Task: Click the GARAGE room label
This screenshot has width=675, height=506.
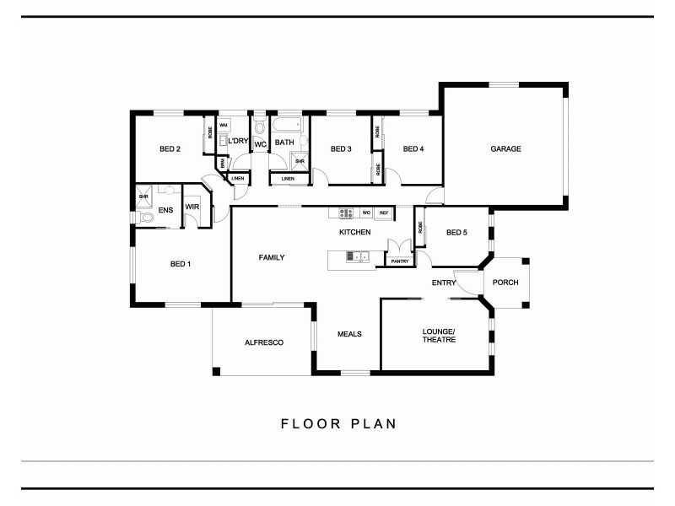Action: [x=506, y=149]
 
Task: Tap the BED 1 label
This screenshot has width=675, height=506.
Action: [x=181, y=264]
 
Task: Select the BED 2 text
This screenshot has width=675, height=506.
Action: [x=170, y=149]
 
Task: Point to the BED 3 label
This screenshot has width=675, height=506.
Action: [x=341, y=149]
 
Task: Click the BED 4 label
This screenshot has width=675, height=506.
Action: [x=413, y=149]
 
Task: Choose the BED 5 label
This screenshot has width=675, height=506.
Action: [x=456, y=232]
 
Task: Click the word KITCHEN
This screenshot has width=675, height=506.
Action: [x=354, y=232]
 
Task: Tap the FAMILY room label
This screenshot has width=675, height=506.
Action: [x=271, y=257]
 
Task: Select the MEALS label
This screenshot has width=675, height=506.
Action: [x=349, y=334]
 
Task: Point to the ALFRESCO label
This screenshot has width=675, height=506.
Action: [x=263, y=342]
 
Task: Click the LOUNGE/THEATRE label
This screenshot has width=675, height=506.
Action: [x=439, y=335]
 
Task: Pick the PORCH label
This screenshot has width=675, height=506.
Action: [x=505, y=283]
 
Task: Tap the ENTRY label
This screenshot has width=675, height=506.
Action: [x=444, y=283]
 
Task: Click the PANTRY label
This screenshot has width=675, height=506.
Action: [x=399, y=261]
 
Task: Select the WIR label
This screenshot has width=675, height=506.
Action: [x=192, y=206]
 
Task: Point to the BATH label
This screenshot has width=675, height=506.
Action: [x=283, y=142]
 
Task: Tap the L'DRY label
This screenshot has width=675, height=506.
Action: [x=238, y=141]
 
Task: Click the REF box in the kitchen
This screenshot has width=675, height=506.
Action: [x=383, y=213]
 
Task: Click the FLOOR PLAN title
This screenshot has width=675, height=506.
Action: [x=338, y=423]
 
